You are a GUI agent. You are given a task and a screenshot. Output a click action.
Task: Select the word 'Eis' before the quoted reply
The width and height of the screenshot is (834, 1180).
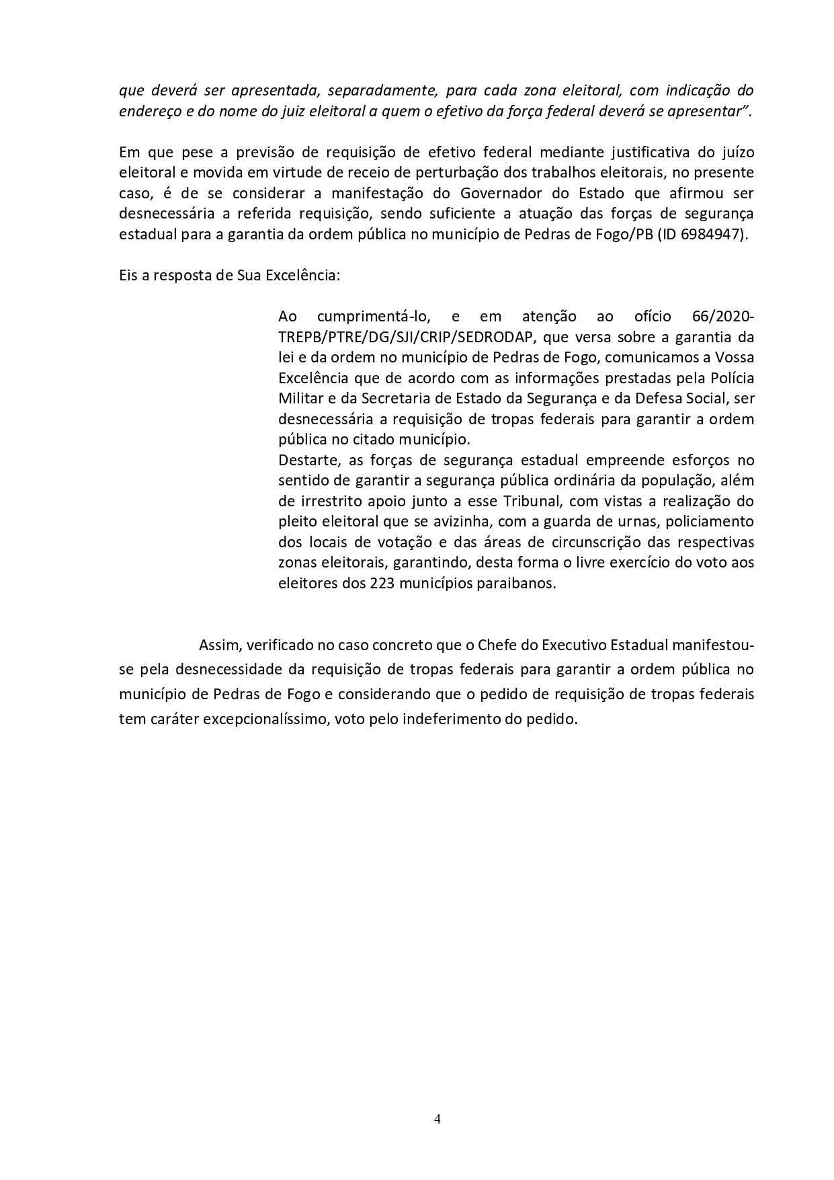(128, 276)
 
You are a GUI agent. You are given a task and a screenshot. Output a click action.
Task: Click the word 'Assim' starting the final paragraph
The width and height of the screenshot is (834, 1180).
(219, 645)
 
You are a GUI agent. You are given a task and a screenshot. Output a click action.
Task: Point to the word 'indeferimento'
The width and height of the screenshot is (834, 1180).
(440, 718)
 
